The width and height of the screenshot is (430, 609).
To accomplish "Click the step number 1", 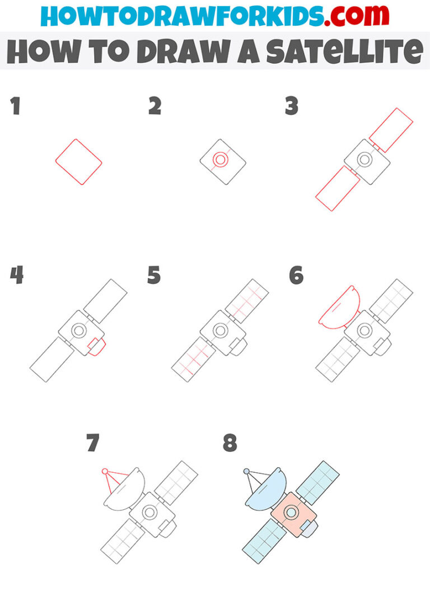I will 15,106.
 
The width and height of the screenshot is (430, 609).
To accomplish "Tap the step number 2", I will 155,106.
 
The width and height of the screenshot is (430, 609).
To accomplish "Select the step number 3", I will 291,106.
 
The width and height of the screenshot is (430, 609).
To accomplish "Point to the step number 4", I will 16,276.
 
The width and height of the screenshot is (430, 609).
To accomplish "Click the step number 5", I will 154,276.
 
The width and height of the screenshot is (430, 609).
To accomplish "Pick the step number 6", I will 296,276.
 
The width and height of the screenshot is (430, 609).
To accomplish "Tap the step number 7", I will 93,443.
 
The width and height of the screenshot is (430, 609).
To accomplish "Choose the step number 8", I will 230,443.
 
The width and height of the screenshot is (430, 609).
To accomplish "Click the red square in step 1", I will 78,162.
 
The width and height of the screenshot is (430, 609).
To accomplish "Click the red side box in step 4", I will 96,347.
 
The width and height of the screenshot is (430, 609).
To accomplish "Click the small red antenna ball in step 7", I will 104,472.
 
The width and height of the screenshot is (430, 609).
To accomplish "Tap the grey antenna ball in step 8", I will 246,472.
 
